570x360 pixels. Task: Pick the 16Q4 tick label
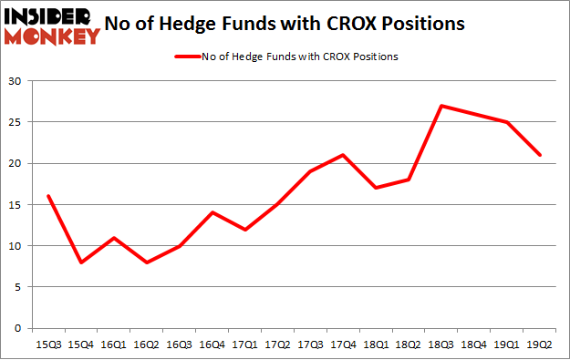point(212,345)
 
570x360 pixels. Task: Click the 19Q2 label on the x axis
point(541,345)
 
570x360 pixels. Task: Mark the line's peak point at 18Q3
point(442,106)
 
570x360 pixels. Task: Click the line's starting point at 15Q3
point(47,196)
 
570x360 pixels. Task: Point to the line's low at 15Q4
point(80,262)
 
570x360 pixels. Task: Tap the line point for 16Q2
point(146,262)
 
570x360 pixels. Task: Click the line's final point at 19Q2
point(541,155)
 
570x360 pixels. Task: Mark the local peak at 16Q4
point(212,212)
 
